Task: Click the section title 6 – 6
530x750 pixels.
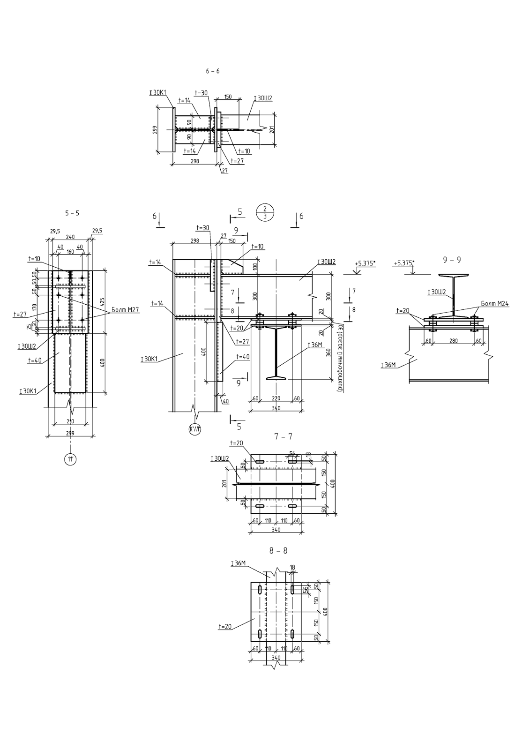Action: [212, 71]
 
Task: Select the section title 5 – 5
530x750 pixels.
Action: [72, 213]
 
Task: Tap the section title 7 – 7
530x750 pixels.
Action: [283, 436]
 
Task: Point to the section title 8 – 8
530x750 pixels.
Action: [278, 551]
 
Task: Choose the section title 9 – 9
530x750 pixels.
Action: [452, 260]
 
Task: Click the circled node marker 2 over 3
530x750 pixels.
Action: [265, 212]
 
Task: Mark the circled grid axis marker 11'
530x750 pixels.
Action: [70, 460]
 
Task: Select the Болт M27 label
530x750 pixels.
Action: [126, 310]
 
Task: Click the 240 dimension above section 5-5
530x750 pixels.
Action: [70, 237]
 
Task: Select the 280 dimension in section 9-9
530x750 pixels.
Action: [453, 341]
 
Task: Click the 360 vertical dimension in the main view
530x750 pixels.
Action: [329, 352]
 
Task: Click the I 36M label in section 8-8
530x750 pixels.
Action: [238, 563]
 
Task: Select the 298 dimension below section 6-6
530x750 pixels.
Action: [195, 160]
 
